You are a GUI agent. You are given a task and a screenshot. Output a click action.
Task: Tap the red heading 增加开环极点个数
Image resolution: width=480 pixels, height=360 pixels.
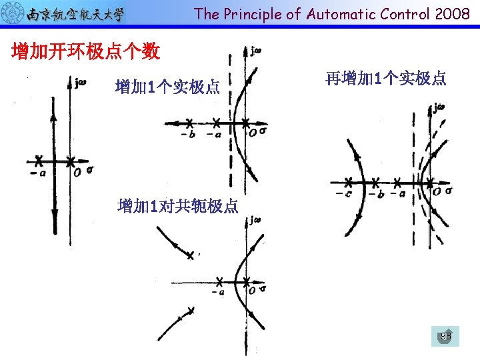tap(86, 51)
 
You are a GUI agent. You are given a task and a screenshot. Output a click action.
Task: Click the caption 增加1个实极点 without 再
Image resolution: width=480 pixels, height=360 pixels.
tap(167, 87)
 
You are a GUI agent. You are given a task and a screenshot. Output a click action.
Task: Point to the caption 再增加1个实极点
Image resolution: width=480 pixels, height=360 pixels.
tap(386, 79)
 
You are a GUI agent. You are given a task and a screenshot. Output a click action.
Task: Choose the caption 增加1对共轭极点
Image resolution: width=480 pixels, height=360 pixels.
tap(177, 206)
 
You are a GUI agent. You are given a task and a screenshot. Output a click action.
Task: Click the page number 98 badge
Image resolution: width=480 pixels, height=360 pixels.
tap(445, 336)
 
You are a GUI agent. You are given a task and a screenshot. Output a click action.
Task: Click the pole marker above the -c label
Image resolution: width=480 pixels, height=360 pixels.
tap(348, 181)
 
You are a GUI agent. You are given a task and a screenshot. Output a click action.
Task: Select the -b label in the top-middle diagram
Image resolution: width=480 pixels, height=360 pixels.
tap(189, 134)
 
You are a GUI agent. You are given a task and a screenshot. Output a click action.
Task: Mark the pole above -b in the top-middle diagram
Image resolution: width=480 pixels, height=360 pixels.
tap(190, 123)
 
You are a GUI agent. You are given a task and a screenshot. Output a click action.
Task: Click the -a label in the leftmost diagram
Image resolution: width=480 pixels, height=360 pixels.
tap(39, 172)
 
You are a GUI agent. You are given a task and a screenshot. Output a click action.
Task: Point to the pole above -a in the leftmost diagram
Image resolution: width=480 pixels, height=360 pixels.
tap(39, 161)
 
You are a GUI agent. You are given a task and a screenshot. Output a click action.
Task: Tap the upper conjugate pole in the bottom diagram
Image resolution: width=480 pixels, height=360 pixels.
tap(191, 255)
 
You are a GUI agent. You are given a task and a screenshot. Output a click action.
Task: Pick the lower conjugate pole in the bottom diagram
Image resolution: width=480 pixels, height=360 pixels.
tap(191, 311)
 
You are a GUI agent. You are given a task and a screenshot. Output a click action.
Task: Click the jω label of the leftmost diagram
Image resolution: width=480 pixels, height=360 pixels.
tap(81, 83)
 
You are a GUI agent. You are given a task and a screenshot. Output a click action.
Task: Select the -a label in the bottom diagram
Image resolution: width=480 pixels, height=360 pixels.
tap(217, 291)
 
